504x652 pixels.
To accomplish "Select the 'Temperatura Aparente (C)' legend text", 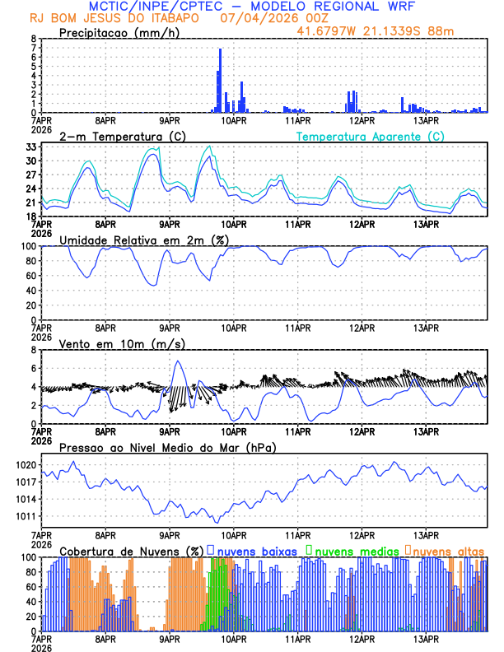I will coord(370,136).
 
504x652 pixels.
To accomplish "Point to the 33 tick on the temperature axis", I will coord(31,147).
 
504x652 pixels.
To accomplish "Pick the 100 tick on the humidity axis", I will coord(28,246).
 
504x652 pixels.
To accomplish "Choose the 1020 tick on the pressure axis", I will coord(25,465).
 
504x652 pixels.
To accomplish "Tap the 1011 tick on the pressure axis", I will coord(25,516).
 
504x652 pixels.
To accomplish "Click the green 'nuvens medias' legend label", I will coord(354,550).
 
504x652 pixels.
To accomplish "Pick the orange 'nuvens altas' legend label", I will coord(448,550).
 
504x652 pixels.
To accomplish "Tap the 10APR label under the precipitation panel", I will coord(234,120).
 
